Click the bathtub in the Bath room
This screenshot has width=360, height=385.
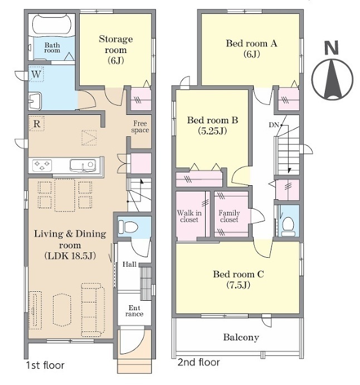coord(52,25)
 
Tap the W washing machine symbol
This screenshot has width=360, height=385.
coord(36,74)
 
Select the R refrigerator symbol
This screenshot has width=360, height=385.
coord(37,123)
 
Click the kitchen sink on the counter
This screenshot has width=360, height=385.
coord(82,165)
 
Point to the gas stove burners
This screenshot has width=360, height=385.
coord(42,165)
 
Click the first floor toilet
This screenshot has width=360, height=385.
coord(128,227)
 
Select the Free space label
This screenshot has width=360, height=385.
coord(140,127)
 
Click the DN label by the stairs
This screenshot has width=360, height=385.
coord(274,125)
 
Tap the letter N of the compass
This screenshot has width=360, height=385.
coord(332,48)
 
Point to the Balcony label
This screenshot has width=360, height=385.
coord(241,338)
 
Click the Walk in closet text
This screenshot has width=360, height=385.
coord(189,216)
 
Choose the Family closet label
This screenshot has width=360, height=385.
coord(229,216)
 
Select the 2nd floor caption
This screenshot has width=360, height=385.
coord(198,362)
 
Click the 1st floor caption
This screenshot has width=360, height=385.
coord(45,365)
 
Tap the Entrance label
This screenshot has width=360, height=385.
coord(134,311)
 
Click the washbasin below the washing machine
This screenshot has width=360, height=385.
coord(35,101)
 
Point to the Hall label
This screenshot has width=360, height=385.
coord(129,264)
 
